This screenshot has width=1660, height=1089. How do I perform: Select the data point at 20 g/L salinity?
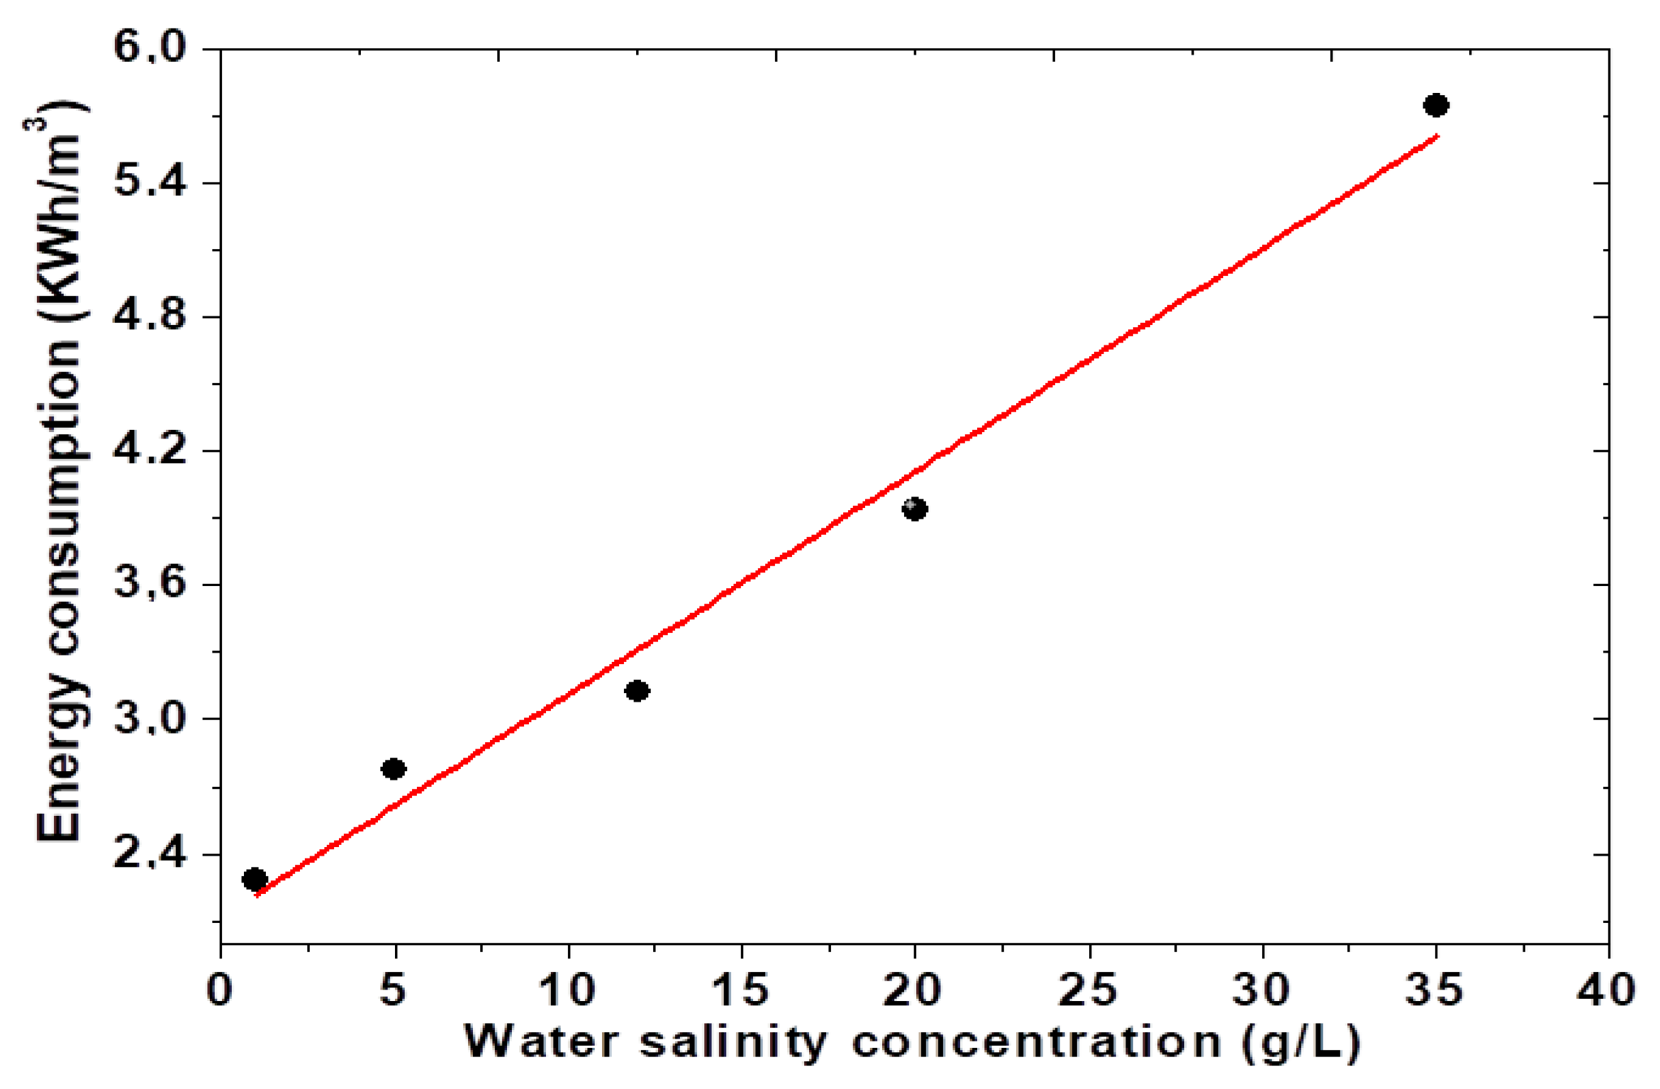click(915, 509)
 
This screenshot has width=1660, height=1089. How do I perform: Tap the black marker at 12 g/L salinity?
click(637, 690)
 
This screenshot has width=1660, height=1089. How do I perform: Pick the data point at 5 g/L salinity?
click(394, 769)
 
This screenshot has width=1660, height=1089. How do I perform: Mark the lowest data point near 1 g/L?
click(255, 880)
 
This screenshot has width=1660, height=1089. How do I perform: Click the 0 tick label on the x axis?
click(220, 989)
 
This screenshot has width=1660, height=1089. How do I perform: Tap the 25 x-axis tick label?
click(1088, 989)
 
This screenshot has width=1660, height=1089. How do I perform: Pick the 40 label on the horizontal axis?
click(1607, 989)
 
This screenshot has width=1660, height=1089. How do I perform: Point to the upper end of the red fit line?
click(1436, 136)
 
